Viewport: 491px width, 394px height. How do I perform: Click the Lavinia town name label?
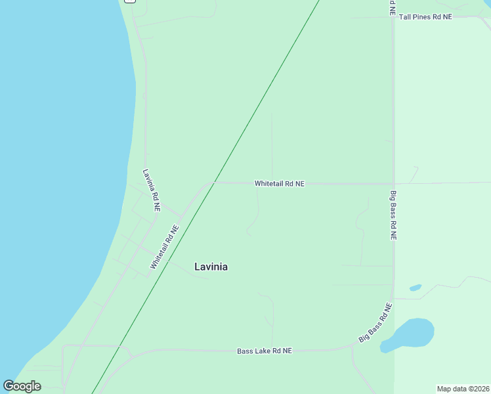[x=211, y=267]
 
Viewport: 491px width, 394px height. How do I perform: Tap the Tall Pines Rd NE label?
[x=425, y=16]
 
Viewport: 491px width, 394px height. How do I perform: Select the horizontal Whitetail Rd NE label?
[x=280, y=184]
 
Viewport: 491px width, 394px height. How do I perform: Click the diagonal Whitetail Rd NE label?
[x=164, y=248]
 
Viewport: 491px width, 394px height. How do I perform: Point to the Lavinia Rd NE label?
[x=152, y=190]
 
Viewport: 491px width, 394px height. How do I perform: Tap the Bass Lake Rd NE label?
[x=265, y=351]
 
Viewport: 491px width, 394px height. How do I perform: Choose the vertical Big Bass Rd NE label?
[x=393, y=215]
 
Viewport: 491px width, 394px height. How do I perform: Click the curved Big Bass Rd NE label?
[x=375, y=322]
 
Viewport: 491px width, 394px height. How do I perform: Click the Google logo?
[x=22, y=385]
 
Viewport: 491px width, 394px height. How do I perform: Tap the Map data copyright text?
[x=463, y=389]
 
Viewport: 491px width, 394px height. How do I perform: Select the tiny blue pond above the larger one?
[x=415, y=288]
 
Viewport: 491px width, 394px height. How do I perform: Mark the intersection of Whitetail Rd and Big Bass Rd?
[x=393, y=183]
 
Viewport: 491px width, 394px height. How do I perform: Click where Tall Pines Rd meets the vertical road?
[x=393, y=17]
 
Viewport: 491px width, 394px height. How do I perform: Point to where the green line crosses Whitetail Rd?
[x=214, y=183]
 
